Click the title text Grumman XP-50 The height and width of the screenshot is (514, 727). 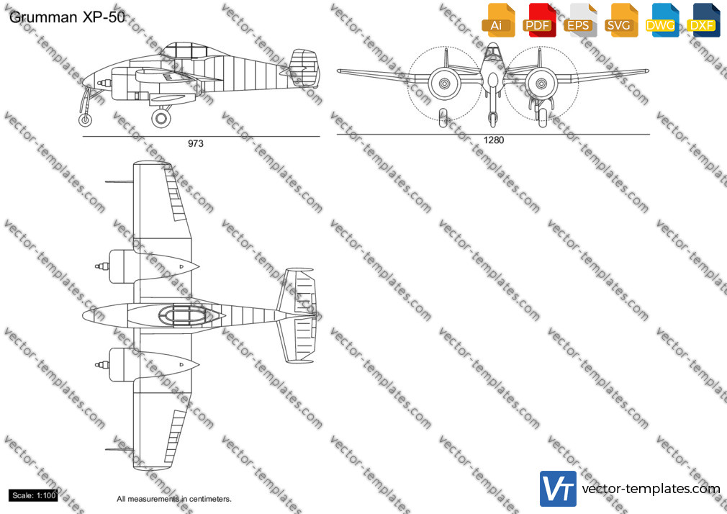67,17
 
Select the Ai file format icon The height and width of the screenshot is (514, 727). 498,20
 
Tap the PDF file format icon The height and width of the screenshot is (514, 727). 539,20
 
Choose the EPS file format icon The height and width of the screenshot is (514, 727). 580,20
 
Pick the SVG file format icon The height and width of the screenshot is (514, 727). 620,20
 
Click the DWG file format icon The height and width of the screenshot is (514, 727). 661,20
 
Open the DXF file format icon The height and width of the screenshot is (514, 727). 703,20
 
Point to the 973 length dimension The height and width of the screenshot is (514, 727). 196,144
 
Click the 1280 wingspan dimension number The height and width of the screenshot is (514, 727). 493,140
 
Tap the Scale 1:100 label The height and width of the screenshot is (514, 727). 33,495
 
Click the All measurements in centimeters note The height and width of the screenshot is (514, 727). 174,499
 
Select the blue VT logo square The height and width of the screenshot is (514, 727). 559,489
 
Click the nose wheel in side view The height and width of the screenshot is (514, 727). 85,120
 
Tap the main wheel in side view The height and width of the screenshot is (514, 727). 161,118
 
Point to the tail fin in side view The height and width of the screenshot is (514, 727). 304,68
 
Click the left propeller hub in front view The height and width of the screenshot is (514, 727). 445,84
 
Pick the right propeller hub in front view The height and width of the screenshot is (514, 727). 541,84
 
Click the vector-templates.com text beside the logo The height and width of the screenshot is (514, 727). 651,489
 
